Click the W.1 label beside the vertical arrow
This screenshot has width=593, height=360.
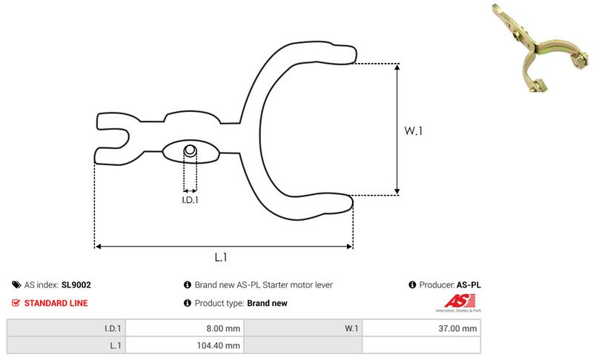click(413, 130)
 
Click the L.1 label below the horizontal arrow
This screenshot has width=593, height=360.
click(221, 257)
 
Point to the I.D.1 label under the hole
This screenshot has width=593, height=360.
click(190, 200)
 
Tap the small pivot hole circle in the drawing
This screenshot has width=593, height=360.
click(191, 150)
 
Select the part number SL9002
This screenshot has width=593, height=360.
click(76, 285)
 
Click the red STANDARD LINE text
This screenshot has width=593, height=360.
click(56, 303)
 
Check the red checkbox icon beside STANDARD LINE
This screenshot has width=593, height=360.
click(16, 303)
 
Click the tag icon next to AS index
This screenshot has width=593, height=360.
click(16, 285)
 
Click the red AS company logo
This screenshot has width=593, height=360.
click(459, 301)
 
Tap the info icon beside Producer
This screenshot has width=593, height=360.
click(412, 284)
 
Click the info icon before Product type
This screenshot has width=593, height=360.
click(188, 303)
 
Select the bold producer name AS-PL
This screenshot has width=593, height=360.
click(468, 285)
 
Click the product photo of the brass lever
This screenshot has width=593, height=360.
click(540, 48)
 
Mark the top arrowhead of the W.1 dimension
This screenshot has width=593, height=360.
click(397, 67)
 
